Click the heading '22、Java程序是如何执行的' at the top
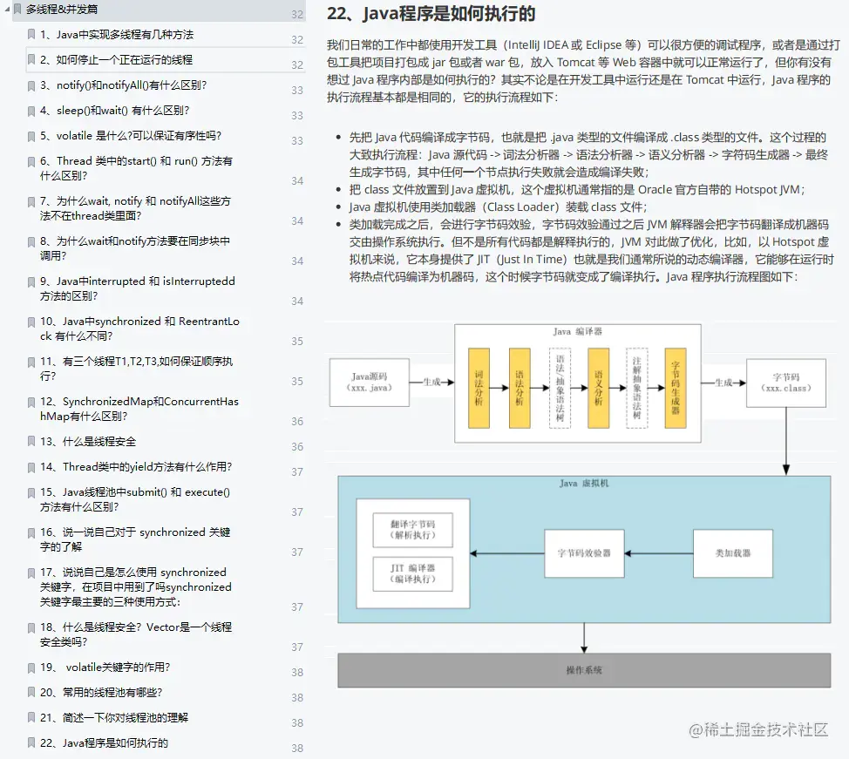pyautogui.click(x=431, y=15)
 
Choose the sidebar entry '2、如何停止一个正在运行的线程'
pyautogui.click(x=116, y=60)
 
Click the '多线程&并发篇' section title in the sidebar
pyautogui.click(x=61, y=10)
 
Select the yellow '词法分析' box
pyautogui.click(x=479, y=387)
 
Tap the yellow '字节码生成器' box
pyautogui.click(x=675, y=387)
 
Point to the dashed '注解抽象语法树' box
pyautogui.click(x=637, y=387)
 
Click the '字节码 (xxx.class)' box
pyautogui.click(x=786, y=382)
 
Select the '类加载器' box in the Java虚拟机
pyautogui.click(x=732, y=553)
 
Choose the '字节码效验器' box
pyautogui.click(x=584, y=553)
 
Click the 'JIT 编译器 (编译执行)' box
pyautogui.click(x=413, y=573)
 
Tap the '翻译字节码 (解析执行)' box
pyautogui.click(x=413, y=531)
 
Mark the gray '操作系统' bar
pyautogui.click(x=583, y=671)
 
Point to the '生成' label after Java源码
pyautogui.click(x=432, y=382)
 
